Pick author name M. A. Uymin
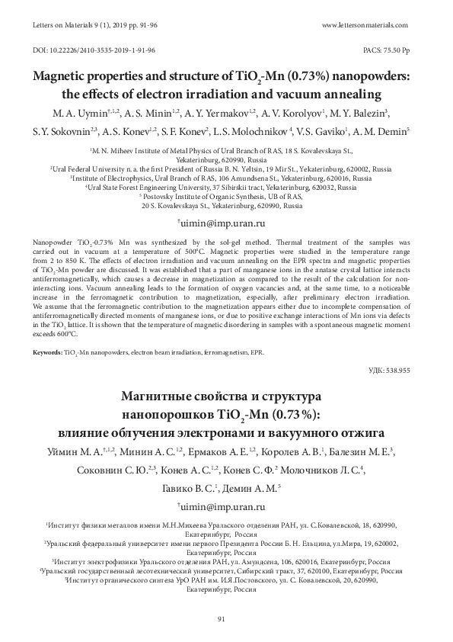(x=74, y=113)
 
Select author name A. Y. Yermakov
(x=215, y=113)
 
